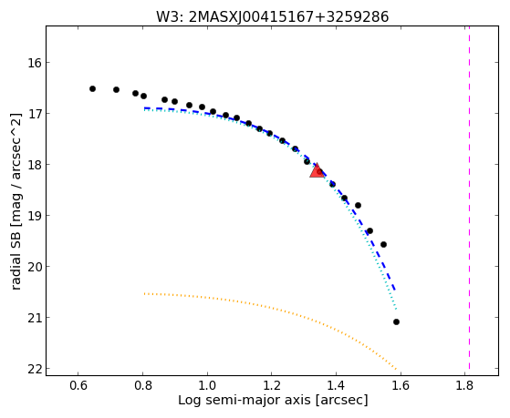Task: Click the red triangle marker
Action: (317, 171)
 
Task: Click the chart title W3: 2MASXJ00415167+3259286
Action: (272, 17)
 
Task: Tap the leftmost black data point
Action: (92, 88)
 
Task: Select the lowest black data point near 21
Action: (396, 321)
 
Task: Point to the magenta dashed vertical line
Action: (469, 198)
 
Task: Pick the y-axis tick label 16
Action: (35, 62)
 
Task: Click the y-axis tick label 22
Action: (35, 369)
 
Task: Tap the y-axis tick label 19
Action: (35, 215)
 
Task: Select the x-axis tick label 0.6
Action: (78, 386)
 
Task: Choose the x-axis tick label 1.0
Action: (207, 386)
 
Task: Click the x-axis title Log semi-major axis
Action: (245, 400)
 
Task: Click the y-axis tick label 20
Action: (35, 267)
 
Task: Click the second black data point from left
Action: (116, 89)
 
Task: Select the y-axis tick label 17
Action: (35, 113)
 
